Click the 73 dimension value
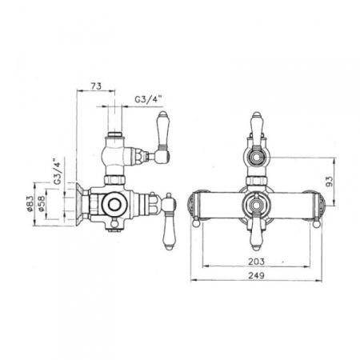pos(95,84)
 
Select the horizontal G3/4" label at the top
pos(148,100)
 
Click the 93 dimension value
pos(330,181)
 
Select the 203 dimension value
pos(256,260)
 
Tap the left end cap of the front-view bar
pos(192,206)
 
